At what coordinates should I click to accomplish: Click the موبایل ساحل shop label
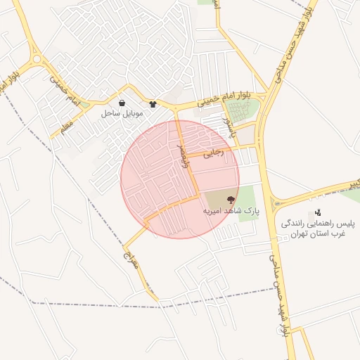[122, 112]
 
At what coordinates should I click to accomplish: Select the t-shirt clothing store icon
[153, 103]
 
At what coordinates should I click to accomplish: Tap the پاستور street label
[226, 126]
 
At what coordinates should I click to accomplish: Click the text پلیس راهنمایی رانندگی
[319, 224]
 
